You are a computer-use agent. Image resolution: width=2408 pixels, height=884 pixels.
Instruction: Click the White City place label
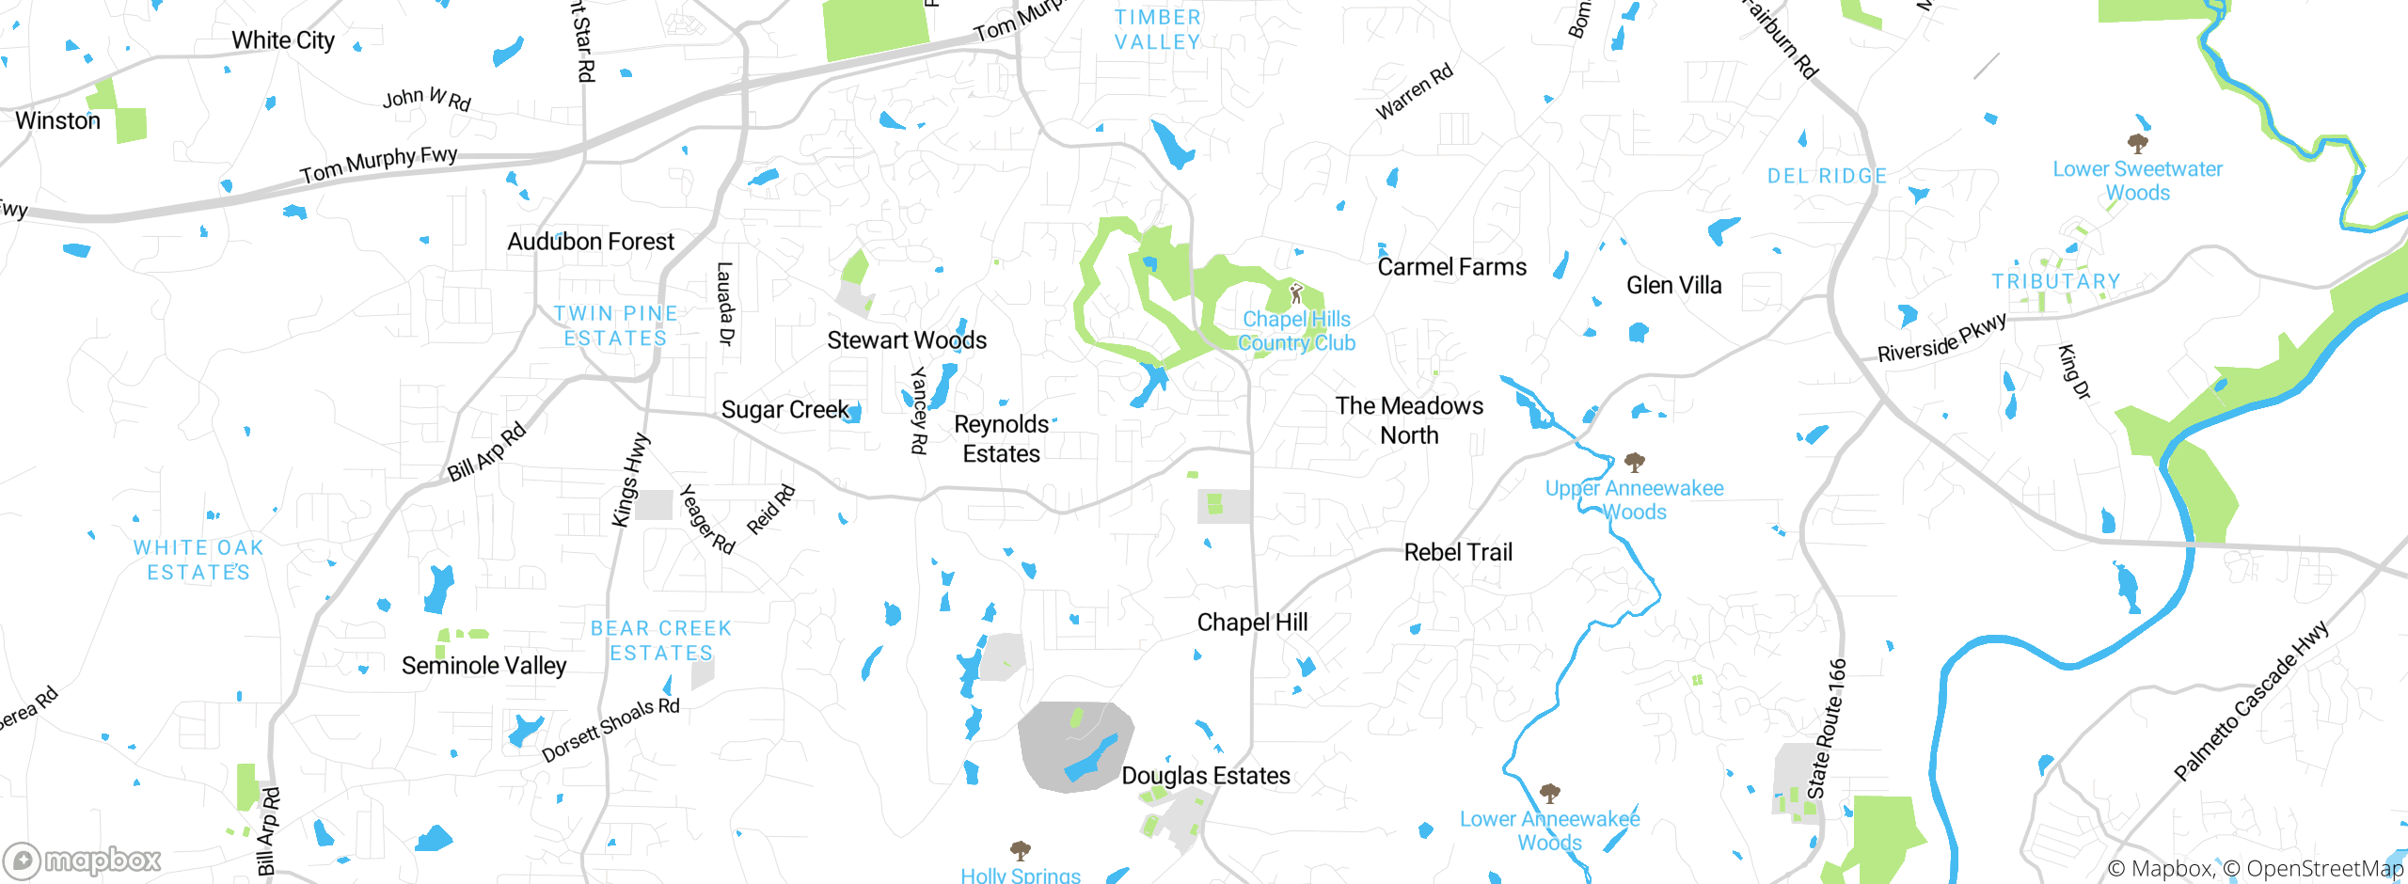[283, 40]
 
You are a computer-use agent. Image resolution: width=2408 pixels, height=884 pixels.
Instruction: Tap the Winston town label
[57, 121]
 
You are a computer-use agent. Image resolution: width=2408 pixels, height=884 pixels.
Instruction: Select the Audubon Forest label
[591, 242]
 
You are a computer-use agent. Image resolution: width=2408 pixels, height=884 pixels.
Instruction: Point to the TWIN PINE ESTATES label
[615, 325]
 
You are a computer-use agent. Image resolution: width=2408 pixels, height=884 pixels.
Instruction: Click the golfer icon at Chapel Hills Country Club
[1296, 293]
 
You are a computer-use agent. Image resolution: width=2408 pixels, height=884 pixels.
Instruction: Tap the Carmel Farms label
[1451, 267]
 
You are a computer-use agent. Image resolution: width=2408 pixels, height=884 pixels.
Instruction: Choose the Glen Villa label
[1673, 285]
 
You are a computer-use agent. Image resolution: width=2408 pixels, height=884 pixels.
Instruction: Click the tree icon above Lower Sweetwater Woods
[2137, 143]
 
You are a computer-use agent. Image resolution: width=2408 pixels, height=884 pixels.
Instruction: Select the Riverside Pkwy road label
[1941, 338]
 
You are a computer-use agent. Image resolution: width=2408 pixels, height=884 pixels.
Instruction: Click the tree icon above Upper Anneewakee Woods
[1634, 462]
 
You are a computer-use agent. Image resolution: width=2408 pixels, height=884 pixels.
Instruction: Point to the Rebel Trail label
[1458, 552]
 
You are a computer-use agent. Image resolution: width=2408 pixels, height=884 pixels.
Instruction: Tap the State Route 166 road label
[1828, 729]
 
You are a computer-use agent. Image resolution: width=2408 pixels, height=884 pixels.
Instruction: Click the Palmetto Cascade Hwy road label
[2251, 701]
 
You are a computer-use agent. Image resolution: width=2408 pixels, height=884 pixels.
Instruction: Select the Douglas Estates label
[1205, 776]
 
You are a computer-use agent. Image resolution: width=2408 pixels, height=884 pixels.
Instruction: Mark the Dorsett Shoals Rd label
[610, 729]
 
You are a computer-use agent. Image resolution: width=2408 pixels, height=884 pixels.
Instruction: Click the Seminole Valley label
[483, 666]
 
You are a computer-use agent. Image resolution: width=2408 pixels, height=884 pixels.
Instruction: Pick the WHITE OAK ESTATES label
[198, 560]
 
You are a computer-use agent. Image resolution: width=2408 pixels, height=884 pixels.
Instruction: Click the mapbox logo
[83, 860]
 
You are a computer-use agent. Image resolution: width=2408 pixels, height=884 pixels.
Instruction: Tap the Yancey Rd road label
[919, 411]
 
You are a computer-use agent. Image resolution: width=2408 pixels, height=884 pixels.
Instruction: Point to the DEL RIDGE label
[1827, 176]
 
